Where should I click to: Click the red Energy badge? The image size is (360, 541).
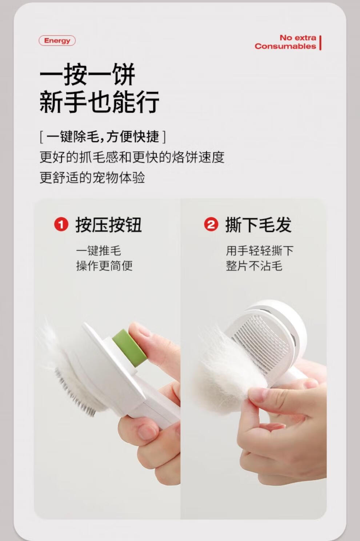click(x=57, y=41)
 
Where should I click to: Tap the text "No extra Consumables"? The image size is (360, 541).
click(x=285, y=42)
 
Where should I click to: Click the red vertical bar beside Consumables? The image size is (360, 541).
click(x=320, y=43)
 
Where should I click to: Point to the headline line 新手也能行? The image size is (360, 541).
click(x=99, y=102)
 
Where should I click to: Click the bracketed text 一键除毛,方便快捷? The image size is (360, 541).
click(x=103, y=137)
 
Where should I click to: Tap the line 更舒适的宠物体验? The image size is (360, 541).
click(x=92, y=178)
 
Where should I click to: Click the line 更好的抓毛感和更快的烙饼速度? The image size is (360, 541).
click(x=132, y=157)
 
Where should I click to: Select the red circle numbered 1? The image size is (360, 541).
click(x=61, y=225)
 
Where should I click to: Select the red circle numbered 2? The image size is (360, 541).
click(x=211, y=225)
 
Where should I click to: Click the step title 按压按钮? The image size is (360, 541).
click(x=109, y=225)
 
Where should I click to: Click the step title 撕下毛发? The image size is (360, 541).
click(x=259, y=225)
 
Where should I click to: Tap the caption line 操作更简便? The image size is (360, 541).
click(x=104, y=266)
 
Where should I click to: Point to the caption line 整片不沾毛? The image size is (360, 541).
click(x=254, y=266)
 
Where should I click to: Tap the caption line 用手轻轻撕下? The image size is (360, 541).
click(x=260, y=250)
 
